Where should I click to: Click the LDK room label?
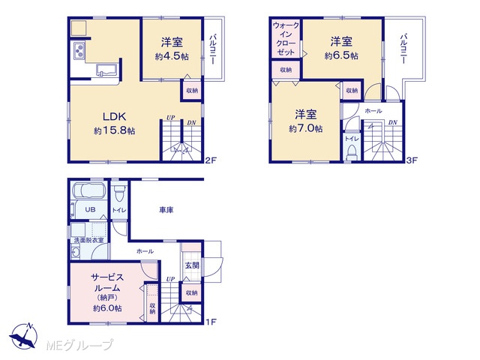(x=114, y=117)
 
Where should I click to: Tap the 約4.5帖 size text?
(x=172, y=57)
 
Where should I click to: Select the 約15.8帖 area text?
(x=115, y=131)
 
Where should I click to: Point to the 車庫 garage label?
(x=166, y=210)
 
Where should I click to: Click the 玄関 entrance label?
(x=192, y=265)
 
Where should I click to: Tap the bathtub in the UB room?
(x=88, y=191)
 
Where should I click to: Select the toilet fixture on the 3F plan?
(x=351, y=153)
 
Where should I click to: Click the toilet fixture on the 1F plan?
(x=119, y=193)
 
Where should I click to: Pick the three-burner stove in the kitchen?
(x=79, y=50)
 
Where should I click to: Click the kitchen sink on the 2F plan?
(x=106, y=70)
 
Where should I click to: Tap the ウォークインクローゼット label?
(x=286, y=39)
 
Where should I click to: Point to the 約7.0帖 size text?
(x=305, y=128)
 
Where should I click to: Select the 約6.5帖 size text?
(x=341, y=56)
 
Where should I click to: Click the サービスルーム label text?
(x=107, y=283)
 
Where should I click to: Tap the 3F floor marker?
(x=412, y=160)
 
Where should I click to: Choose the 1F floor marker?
(x=211, y=322)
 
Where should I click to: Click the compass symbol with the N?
(x=23, y=336)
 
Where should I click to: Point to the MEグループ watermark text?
(x=79, y=346)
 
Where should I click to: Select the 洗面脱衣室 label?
(x=88, y=240)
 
